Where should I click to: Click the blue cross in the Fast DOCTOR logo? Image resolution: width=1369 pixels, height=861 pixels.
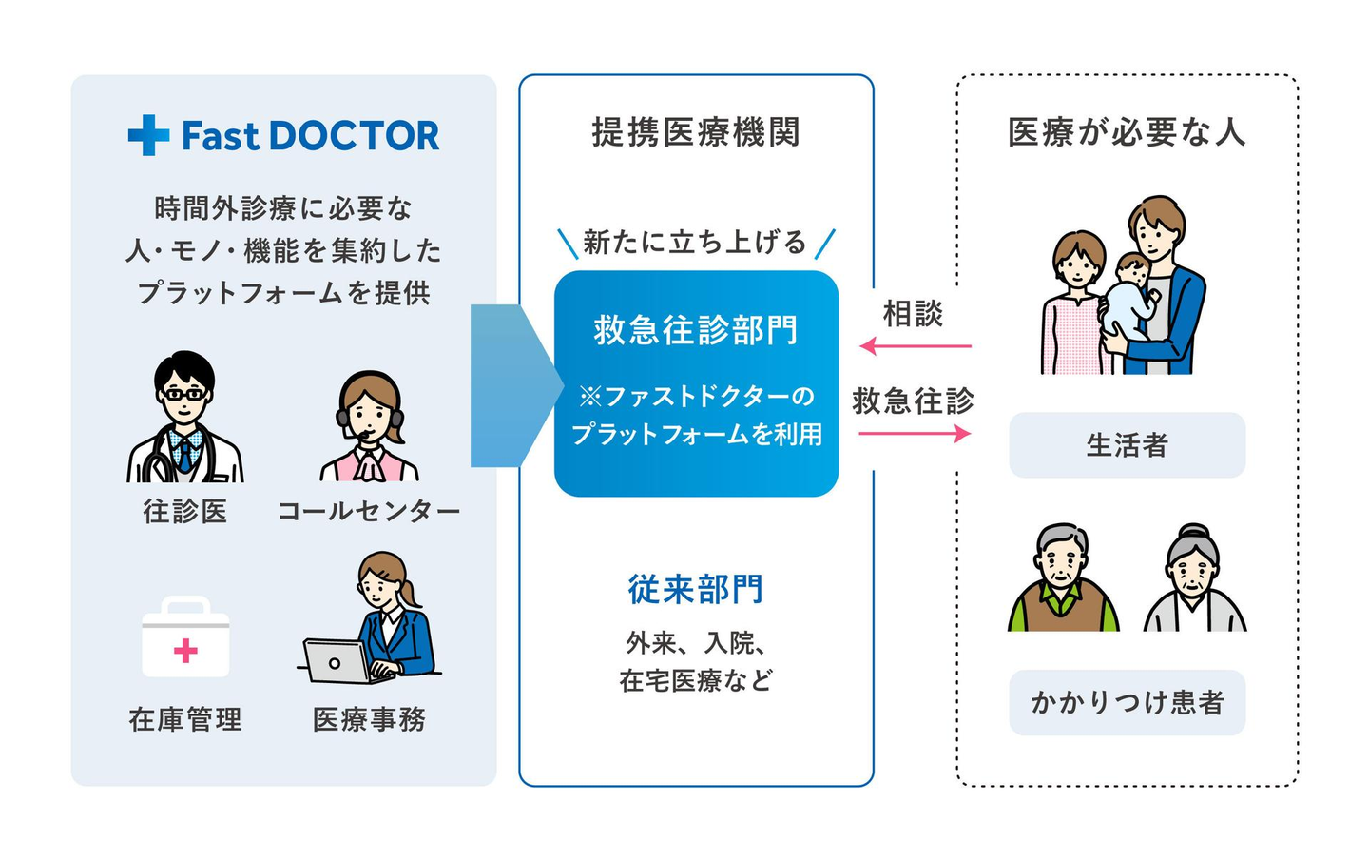click(x=148, y=135)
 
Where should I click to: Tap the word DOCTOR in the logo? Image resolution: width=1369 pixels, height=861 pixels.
click(x=354, y=136)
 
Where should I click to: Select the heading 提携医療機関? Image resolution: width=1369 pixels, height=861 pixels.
click(x=696, y=131)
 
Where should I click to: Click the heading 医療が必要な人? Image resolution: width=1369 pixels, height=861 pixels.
click(x=1127, y=131)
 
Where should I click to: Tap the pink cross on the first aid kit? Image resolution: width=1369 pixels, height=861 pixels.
click(x=185, y=651)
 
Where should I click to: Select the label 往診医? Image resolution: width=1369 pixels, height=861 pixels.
click(x=185, y=511)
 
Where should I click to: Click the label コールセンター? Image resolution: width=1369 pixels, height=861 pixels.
click(x=369, y=511)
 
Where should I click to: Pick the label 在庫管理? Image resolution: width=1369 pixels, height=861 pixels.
click(x=185, y=719)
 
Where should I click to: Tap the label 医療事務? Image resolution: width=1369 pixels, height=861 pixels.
click(x=369, y=719)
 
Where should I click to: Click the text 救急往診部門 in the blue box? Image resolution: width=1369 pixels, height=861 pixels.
click(x=696, y=331)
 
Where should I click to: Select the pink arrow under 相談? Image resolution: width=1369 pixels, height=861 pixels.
click(x=915, y=346)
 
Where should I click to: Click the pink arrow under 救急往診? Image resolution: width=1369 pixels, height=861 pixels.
click(x=915, y=434)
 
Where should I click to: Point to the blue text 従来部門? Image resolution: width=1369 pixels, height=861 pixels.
click(x=696, y=590)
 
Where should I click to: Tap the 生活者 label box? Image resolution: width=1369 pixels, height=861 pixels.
click(x=1127, y=445)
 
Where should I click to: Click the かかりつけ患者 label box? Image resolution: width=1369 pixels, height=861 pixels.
click(x=1127, y=703)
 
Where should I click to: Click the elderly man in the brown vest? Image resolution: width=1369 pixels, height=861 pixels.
click(x=1064, y=577)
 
